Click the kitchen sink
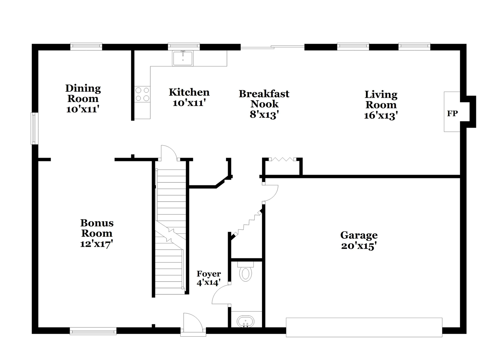coord(183,58)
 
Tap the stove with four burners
coord(143,94)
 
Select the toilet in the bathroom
coord(246,271)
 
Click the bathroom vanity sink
coord(246,322)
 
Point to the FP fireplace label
coord(452,114)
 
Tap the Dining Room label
coord(83,93)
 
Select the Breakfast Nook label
coord(264,99)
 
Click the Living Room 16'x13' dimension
coord(381,115)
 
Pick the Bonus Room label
coord(97,228)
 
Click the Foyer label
coord(209,274)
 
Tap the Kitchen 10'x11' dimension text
coord(189,103)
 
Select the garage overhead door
coord(364,327)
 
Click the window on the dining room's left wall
coord(34,128)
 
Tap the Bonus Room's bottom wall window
coord(93,331)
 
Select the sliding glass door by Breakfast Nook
coord(272,47)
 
